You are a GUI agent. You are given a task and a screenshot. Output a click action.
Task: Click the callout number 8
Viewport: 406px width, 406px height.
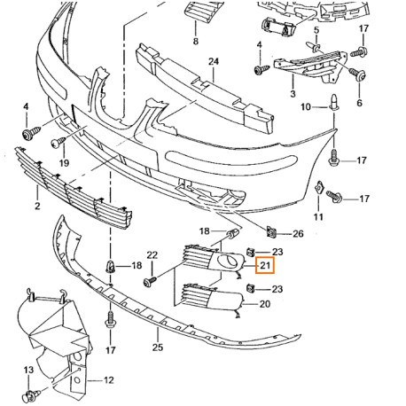point(195,41)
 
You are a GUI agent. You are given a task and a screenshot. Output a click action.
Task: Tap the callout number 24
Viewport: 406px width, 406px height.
point(212,61)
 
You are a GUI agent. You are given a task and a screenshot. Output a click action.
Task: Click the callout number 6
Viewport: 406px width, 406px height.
point(359,103)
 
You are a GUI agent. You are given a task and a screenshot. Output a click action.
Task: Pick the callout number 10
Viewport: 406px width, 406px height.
point(302,107)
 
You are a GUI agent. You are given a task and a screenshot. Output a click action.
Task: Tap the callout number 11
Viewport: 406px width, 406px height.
point(316,215)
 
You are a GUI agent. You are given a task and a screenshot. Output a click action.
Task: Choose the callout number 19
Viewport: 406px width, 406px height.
point(64,164)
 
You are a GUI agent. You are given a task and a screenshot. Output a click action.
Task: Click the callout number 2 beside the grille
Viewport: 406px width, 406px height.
point(36,207)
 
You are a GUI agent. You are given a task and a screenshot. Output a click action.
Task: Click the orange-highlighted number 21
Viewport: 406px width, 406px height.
point(265,264)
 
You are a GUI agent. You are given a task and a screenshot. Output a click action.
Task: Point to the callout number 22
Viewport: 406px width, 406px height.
point(152,256)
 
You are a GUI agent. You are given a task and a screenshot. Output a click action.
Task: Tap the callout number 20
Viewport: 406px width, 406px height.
point(263,304)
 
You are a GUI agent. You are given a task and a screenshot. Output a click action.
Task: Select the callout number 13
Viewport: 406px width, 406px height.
point(27,368)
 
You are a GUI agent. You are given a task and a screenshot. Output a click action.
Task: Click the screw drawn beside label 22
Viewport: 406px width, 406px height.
point(149,282)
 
